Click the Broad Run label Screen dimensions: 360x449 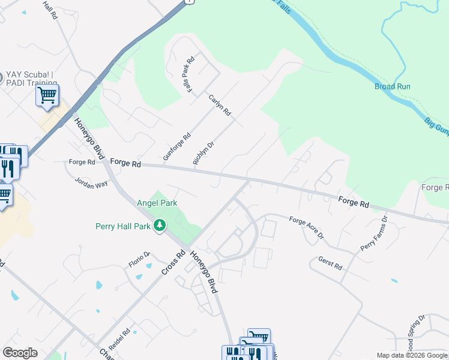tap(393, 86)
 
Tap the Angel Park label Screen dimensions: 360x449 tap(157, 203)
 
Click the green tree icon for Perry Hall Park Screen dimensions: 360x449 tap(160, 226)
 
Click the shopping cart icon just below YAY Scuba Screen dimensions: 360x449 tap(47, 95)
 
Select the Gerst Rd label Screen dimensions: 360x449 tap(330, 264)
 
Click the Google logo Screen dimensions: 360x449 tap(20, 353)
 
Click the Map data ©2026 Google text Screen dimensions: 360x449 tap(411, 355)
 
